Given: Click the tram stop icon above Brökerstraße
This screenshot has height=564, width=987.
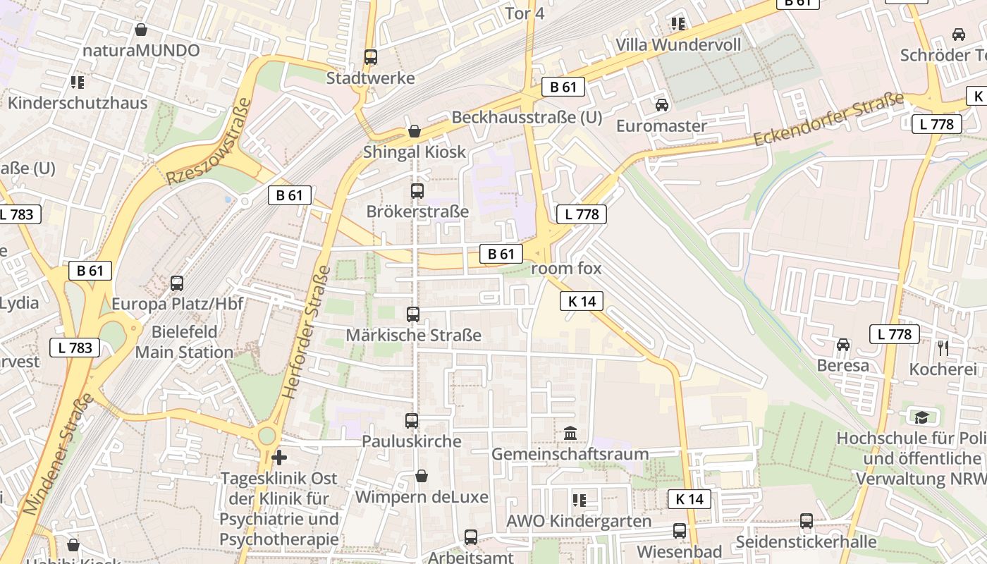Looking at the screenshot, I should [x=417, y=191].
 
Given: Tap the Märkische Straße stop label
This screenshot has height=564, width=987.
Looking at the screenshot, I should [x=413, y=336].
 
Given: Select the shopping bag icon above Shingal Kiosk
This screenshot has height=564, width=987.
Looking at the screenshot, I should [x=415, y=131].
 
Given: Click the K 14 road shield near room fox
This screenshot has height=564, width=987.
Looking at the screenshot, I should [x=582, y=301].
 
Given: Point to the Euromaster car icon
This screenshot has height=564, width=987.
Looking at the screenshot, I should [x=661, y=105].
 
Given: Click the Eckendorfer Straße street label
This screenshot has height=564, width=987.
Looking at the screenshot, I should [x=828, y=120].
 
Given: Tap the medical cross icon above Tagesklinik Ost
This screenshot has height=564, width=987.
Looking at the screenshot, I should [x=279, y=458].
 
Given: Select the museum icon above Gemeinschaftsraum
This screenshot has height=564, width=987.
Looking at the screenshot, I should [x=570, y=433].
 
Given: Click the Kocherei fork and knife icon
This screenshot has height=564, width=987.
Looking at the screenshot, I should [x=943, y=348].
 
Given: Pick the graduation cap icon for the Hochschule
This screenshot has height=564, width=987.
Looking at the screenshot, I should [x=921, y=417].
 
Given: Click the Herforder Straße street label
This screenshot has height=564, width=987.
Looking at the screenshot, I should [x=305, y=333].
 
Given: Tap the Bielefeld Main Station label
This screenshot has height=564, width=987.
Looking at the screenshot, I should [x=184, y=342].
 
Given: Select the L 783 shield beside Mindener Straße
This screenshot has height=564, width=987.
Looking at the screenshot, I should [x=75, y=347].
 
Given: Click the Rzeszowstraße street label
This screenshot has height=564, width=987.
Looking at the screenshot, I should [x=209, y=142].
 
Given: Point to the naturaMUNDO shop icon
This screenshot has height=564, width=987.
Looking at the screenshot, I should [x=141, y=30].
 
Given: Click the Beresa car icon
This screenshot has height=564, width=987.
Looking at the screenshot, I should [x=842, y=345].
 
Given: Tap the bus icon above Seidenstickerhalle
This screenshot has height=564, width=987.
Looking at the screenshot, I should [x=806, y=521].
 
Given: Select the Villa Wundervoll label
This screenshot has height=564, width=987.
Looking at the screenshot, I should [x=678, y=45].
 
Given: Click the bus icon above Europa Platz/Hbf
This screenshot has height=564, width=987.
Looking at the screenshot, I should [x=177, y=283].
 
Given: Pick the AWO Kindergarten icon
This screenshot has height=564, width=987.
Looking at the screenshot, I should [x=580, y=501].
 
